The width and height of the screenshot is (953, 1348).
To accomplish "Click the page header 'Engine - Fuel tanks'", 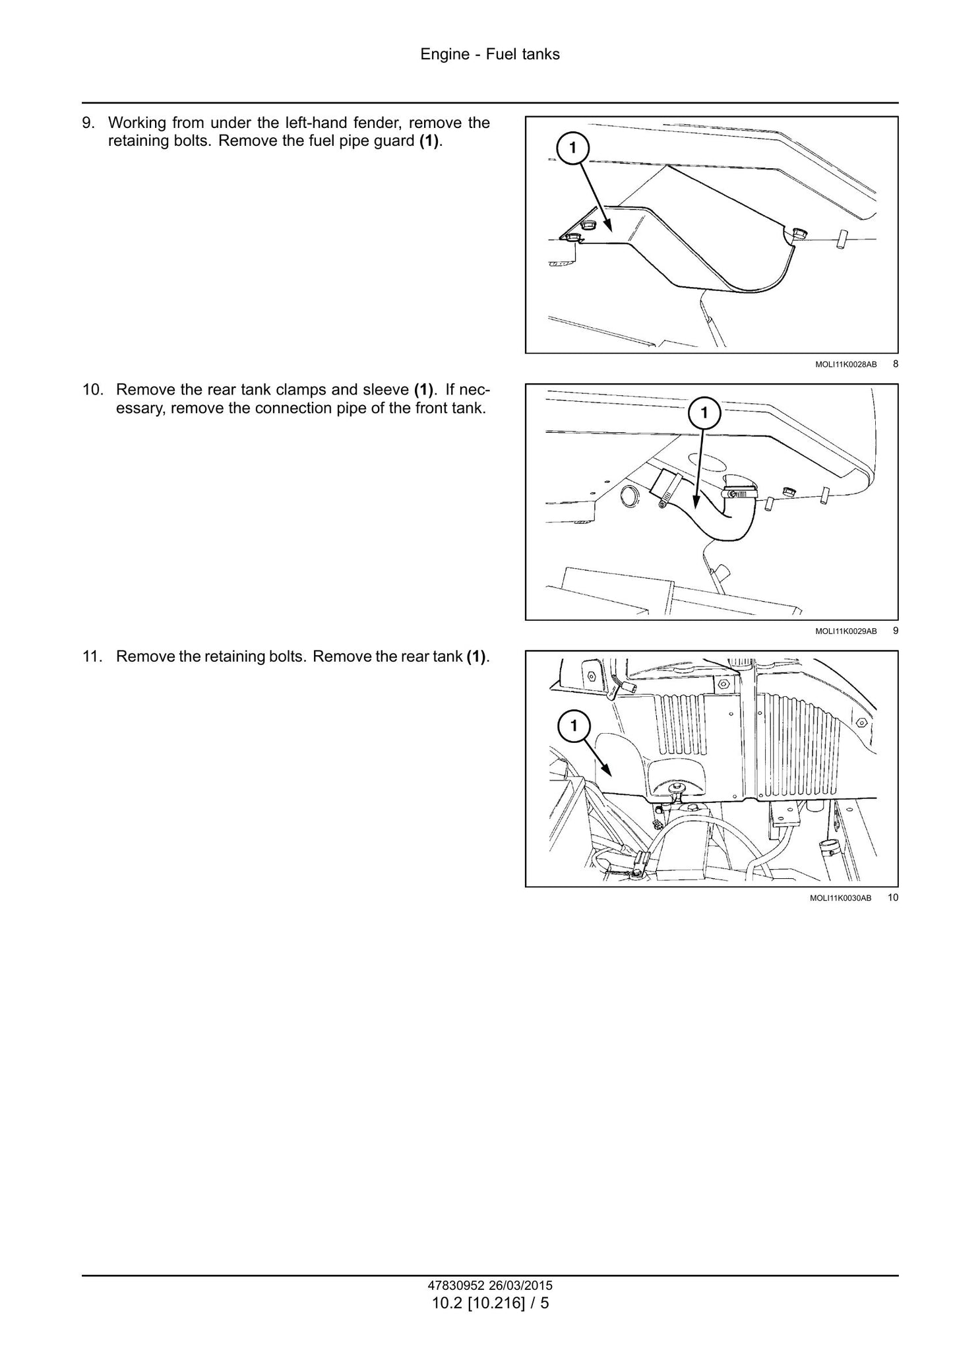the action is [x=490, y=55].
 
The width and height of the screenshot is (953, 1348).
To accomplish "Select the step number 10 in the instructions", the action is [x=92, y=390].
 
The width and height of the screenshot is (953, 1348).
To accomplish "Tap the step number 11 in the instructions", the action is [x=92, y=657].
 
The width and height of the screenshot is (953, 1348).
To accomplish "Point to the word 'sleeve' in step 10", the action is [x=387, y=390].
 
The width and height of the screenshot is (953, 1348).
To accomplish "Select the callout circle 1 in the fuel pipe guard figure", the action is [x=572, y=148].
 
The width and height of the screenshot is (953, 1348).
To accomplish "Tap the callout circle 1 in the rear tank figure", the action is [x=573, y=726].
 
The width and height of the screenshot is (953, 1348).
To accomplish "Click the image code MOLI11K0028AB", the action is [x=845, y=364].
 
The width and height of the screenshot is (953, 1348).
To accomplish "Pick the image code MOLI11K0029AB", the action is [x=845, y=631].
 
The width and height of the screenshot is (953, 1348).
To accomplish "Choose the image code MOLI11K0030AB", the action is [x=845, y=898].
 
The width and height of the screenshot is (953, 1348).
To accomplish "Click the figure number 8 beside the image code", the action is [x=895, y=364].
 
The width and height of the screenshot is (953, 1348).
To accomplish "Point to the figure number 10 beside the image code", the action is [x=893, y=897].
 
